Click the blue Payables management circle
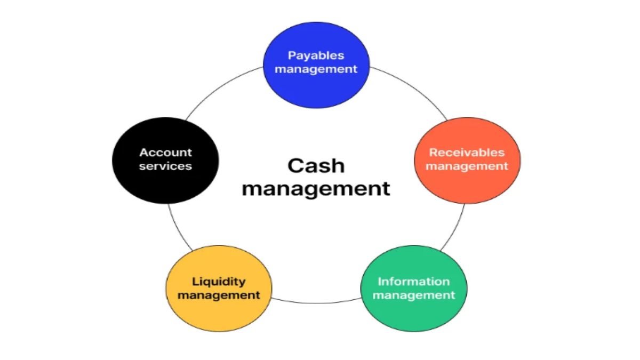tap(316, 65)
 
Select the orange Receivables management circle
tap(467, 161)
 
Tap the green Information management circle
tap(414, 289)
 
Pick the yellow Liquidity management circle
tap(219, 289)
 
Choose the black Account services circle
tap(165, 161)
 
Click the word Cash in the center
tap(316, 166)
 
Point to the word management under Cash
tap(316, 189)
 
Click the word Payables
tap(316, 55)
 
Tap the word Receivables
tap(467, 153)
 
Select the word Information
tap(414, 282)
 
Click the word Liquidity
tap(219, 282)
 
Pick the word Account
tap(165, 153)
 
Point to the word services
tap(165, 166)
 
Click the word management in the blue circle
tap(316, 69)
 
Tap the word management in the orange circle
tap(467, 166)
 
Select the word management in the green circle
tap(414, 295)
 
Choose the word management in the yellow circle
tap(219, 295)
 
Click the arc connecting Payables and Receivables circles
tap(413, 87)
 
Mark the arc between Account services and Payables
tap(219, 87)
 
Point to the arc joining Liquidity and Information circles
tap(316, 303)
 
